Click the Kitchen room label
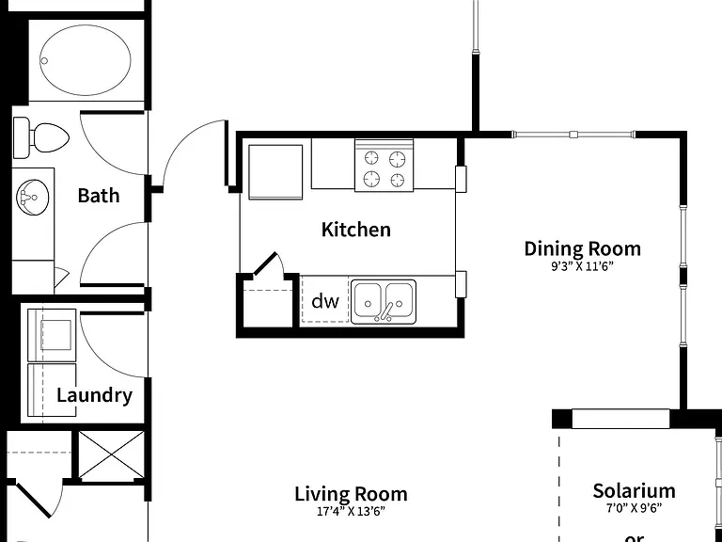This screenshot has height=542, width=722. point(356,230)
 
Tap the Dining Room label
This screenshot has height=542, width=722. point(583,248)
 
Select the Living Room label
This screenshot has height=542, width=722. point(351,494)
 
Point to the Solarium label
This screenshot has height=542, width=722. point(634,491)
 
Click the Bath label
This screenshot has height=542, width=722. point(99,196)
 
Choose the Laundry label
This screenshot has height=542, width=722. point(94,395)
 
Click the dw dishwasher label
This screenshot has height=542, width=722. point(325,301)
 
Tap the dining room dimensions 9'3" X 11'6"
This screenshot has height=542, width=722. point(583,266)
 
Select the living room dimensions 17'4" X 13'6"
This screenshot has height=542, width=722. point(351,512)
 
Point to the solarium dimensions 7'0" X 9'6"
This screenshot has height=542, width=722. point(634,508)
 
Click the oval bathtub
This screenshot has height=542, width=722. point(86,60)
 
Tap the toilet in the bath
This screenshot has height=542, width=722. point(41,137)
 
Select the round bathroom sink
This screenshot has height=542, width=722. point(32,198)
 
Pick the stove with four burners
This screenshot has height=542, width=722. point(384,166)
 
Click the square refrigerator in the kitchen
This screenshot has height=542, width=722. point(275,172)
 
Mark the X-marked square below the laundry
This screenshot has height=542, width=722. point(112,455)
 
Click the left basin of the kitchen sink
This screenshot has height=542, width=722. point(368,300)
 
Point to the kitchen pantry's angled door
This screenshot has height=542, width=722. point(265,264)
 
